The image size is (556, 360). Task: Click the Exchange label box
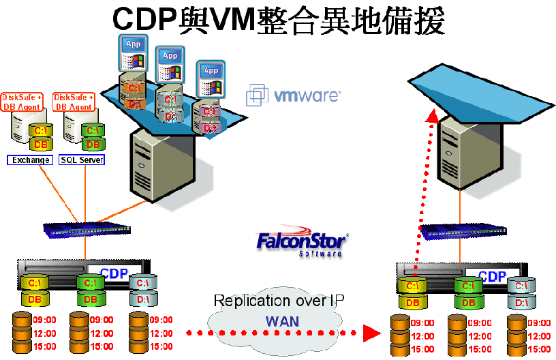[29, 160]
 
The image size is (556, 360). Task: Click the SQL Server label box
[82, 160]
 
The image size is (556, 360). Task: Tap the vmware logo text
[307, 95]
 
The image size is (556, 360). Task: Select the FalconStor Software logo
[303, 244]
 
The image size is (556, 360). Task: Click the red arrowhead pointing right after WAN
[370, 333]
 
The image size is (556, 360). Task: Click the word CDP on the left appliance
[114, 273]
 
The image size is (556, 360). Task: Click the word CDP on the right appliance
[492, 276]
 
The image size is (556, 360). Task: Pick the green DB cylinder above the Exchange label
[40, 145]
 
